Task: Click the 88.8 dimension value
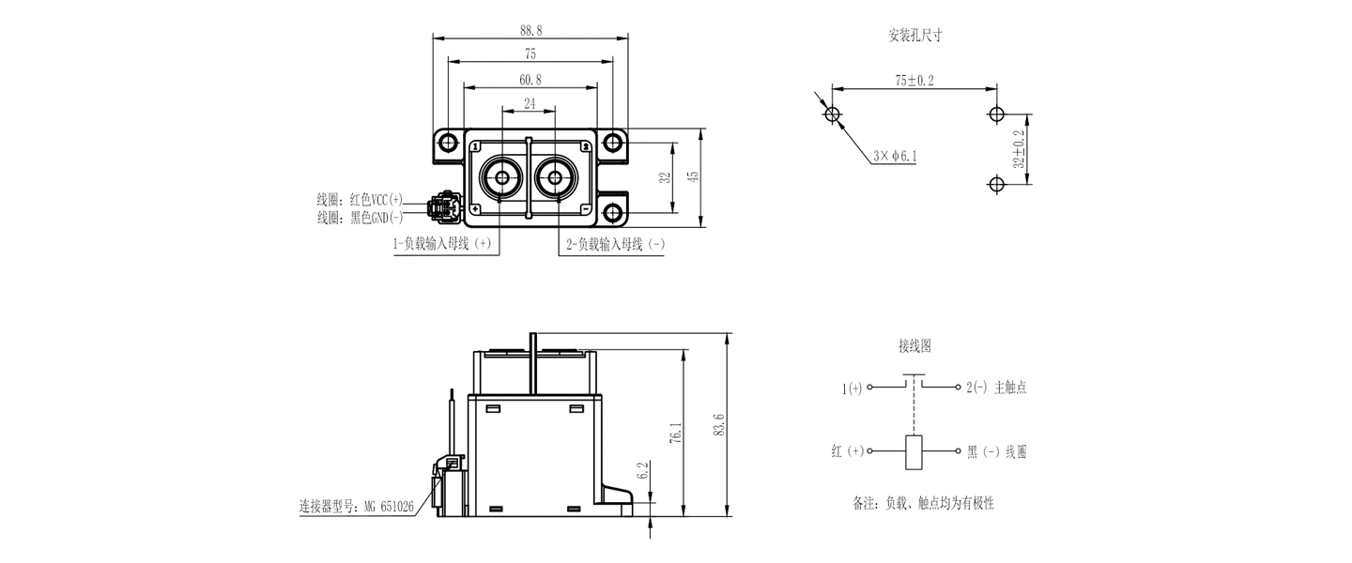530,31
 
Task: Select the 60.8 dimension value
530,80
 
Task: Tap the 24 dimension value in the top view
530,104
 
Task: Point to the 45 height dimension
694,176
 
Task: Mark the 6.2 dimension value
643,470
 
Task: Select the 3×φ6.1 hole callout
895,157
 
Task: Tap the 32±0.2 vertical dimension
1020,149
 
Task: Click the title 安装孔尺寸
915,35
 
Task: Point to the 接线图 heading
914,345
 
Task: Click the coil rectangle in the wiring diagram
914,452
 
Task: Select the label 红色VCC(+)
376,200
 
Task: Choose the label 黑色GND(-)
376,218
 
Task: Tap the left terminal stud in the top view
501,177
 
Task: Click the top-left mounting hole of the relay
449,143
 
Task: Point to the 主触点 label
1010,388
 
